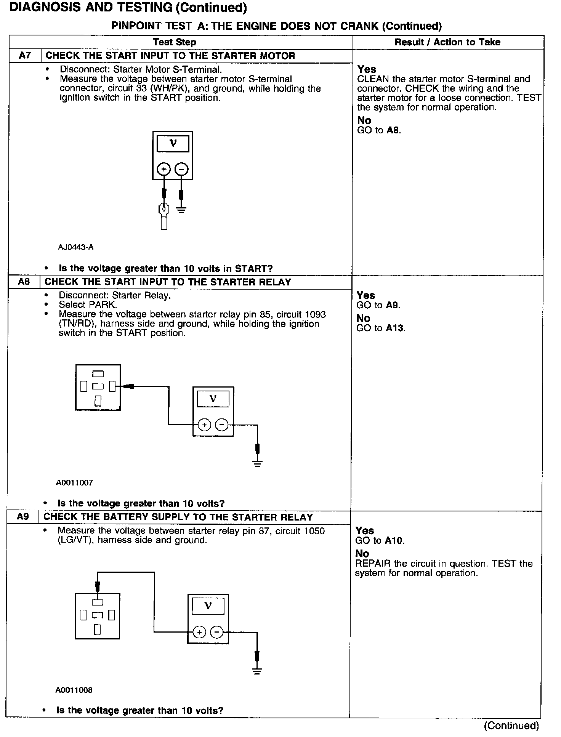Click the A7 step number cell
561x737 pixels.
[25, 56]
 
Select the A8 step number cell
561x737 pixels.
[24, 282]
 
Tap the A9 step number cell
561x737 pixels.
[23, 517]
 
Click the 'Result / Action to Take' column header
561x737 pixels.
[447, 42]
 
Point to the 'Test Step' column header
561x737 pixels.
[175, 42]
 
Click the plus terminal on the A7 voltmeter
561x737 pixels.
[164, 169]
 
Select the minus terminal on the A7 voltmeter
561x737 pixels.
[181, 169]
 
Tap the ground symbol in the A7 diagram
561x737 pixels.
[181, 210]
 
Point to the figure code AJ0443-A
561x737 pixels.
[76, 247]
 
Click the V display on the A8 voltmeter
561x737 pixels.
[213, 399]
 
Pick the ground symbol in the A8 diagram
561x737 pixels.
[258, 463]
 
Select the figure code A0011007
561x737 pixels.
[75, 482]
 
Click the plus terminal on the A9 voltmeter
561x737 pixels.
[199, 632]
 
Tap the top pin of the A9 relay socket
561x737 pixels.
[98, 602]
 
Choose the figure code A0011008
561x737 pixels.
[74, 690]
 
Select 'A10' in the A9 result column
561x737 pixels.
[394, 540]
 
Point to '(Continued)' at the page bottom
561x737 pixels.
[511, 726]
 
